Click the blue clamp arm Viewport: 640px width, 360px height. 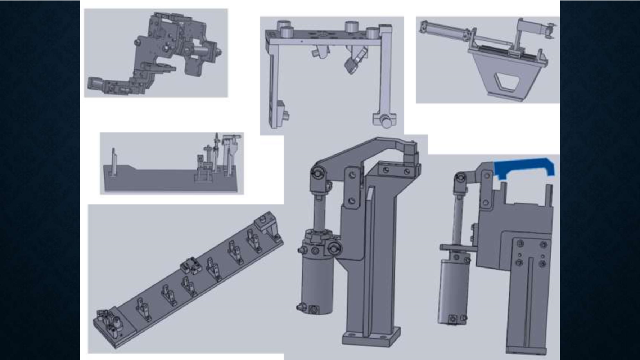pyautogui.click(x=524, y=166)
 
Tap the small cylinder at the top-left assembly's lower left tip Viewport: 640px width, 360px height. pyautogui.click(x=95, y=84)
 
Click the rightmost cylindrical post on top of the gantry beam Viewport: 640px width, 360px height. pyautogui.click(x=373, y=33)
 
